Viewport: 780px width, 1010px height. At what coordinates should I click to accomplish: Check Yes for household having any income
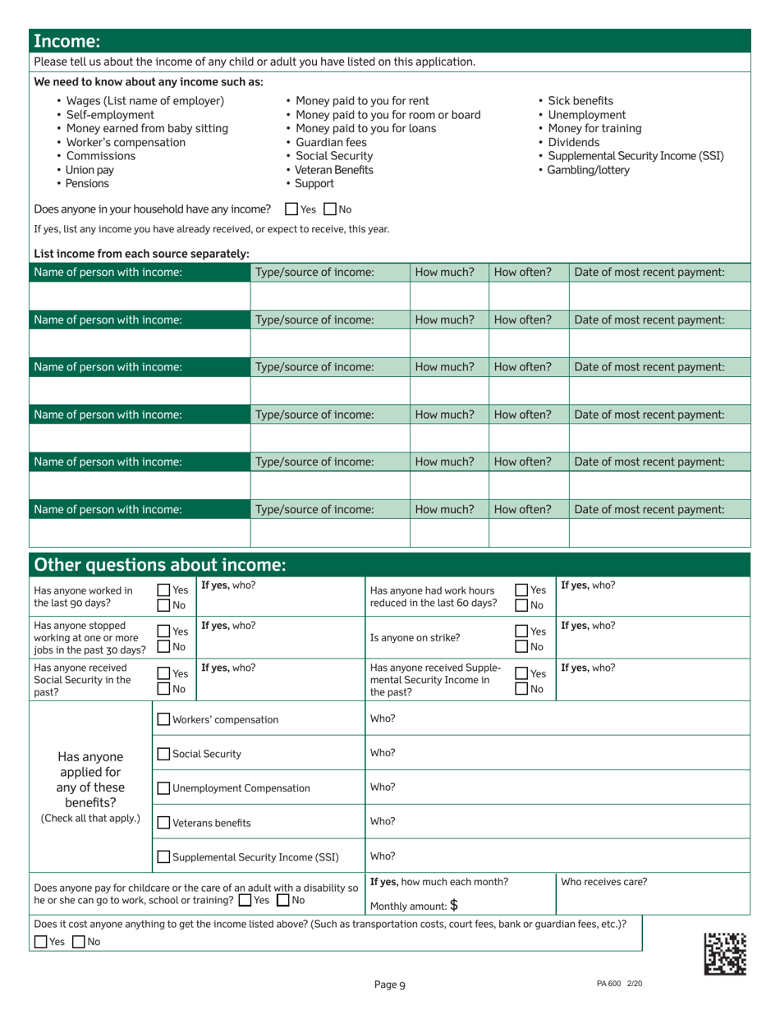click(291, 209)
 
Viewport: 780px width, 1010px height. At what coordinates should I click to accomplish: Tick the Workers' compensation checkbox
click(163, 720)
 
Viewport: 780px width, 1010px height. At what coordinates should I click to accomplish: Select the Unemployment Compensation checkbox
click(163, 788)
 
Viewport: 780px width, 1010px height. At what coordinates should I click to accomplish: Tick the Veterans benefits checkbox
click(163, 823)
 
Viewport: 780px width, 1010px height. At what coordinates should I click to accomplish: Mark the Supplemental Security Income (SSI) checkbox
click(163, 857)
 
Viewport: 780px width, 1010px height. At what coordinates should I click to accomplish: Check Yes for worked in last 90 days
click(163, 590)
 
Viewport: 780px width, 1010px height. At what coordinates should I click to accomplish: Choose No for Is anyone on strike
click(521, 645)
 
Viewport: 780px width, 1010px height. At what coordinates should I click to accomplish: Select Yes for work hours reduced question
click(521, 590)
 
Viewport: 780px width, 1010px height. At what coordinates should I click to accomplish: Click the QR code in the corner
click(725, 953)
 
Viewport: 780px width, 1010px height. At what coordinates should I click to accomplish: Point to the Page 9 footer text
click(390, 986)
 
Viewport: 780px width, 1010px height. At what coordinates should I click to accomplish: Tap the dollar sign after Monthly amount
click(453, 906)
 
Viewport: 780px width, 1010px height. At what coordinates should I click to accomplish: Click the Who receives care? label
click(603, 883)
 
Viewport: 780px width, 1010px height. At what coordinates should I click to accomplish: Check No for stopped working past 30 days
click(163, 645)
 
